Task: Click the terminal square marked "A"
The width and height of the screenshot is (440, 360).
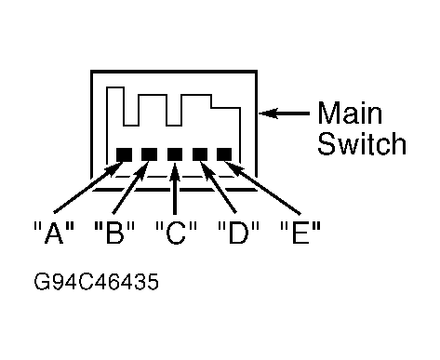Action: pos(124,154)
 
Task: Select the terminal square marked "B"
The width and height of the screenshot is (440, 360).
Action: pos(149,154)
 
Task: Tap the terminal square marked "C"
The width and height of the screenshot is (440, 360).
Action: pos(175,154)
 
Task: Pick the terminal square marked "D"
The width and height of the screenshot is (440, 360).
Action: pos(200,154)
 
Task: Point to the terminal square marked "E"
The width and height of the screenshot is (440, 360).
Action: pos(224,154)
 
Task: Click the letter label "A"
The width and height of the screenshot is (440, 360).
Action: pos(54,233)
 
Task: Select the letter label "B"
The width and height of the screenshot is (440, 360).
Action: pos(114,233)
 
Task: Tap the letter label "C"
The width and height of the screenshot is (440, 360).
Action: pos(176,233)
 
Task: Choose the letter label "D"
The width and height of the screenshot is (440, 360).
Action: pos(238,233)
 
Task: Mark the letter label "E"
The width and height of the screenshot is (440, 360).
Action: pos(300,233)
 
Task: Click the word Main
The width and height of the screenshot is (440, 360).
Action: pos(350,113)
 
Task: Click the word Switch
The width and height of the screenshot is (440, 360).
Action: pos(362,143)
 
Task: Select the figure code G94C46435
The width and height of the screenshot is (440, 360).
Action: pos(96,282)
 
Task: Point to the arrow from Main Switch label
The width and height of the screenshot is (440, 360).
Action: pos(284,113)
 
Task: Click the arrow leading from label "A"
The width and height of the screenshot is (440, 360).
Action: pos(88,187)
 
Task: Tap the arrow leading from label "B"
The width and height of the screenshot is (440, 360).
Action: pos(130,187)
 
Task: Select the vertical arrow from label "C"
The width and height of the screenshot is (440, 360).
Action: pos(175,188)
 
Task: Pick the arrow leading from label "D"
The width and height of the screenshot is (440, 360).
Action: pos(219,187)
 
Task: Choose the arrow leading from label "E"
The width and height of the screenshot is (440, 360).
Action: pos(262,187)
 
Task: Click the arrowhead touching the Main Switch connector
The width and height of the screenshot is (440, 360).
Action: pos(267,113)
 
